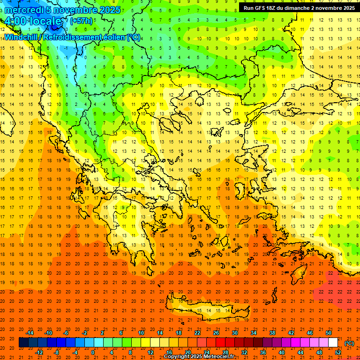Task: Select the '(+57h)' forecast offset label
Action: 81,21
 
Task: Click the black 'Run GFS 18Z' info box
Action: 299,8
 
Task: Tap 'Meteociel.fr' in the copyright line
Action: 225,357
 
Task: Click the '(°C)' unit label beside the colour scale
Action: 349,343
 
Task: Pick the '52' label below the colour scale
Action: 337,352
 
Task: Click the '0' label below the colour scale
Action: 93,352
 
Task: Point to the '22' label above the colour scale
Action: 197,333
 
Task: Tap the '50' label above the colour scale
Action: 328,333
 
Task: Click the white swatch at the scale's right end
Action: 333,343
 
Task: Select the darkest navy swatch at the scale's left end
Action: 23,343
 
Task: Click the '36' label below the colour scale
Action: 262,352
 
